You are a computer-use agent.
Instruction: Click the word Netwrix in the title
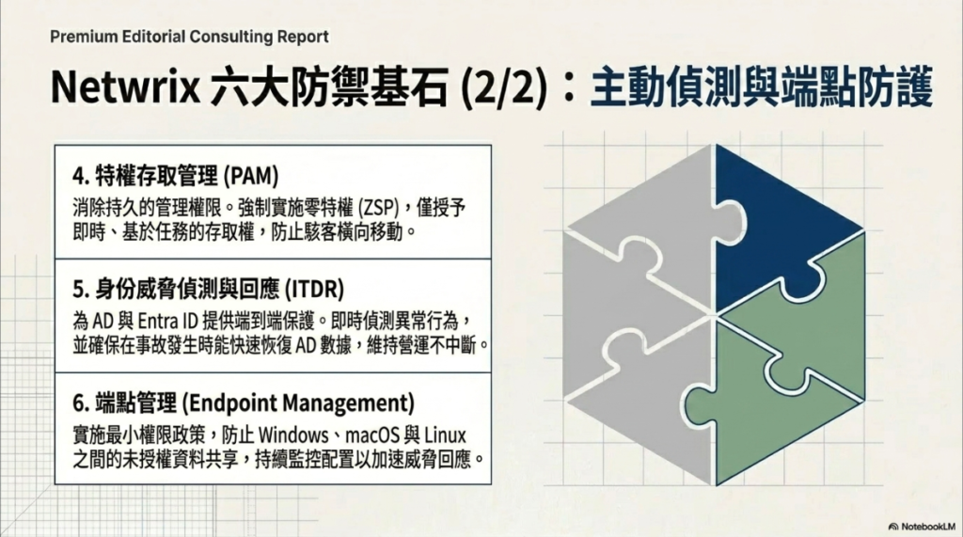click(x=125, y=87)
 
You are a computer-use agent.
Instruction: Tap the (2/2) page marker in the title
click(x=504, y=88)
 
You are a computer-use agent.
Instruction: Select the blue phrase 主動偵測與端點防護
click(x=762, y=87)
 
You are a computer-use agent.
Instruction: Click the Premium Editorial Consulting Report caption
click(x=189, y=37)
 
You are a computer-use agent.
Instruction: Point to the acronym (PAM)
click(x=250, y=177)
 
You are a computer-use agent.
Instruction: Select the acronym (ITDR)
click(x=314, y=290)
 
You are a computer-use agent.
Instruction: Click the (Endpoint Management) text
click(x=298, y=403)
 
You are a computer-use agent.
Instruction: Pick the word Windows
click(x=293, y=435)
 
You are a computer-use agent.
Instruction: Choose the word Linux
click(x=445, y=435)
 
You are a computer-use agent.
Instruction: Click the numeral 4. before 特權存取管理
click(x=81, y=177)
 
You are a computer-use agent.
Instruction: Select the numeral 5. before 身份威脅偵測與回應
click(x=81, y=290)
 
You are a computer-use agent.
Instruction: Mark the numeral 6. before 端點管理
click(x=81, y=403)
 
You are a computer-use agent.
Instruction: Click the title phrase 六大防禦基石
click(x=329, y=87)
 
